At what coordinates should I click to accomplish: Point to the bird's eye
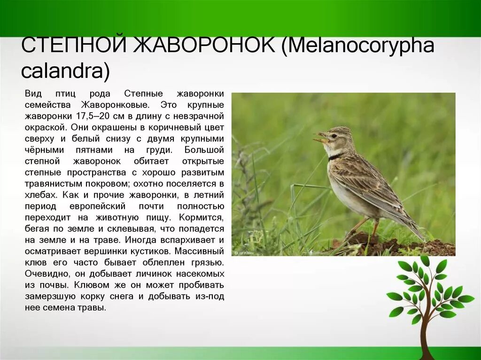point(334,136)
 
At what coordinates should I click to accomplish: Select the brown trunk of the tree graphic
point(425,336)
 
